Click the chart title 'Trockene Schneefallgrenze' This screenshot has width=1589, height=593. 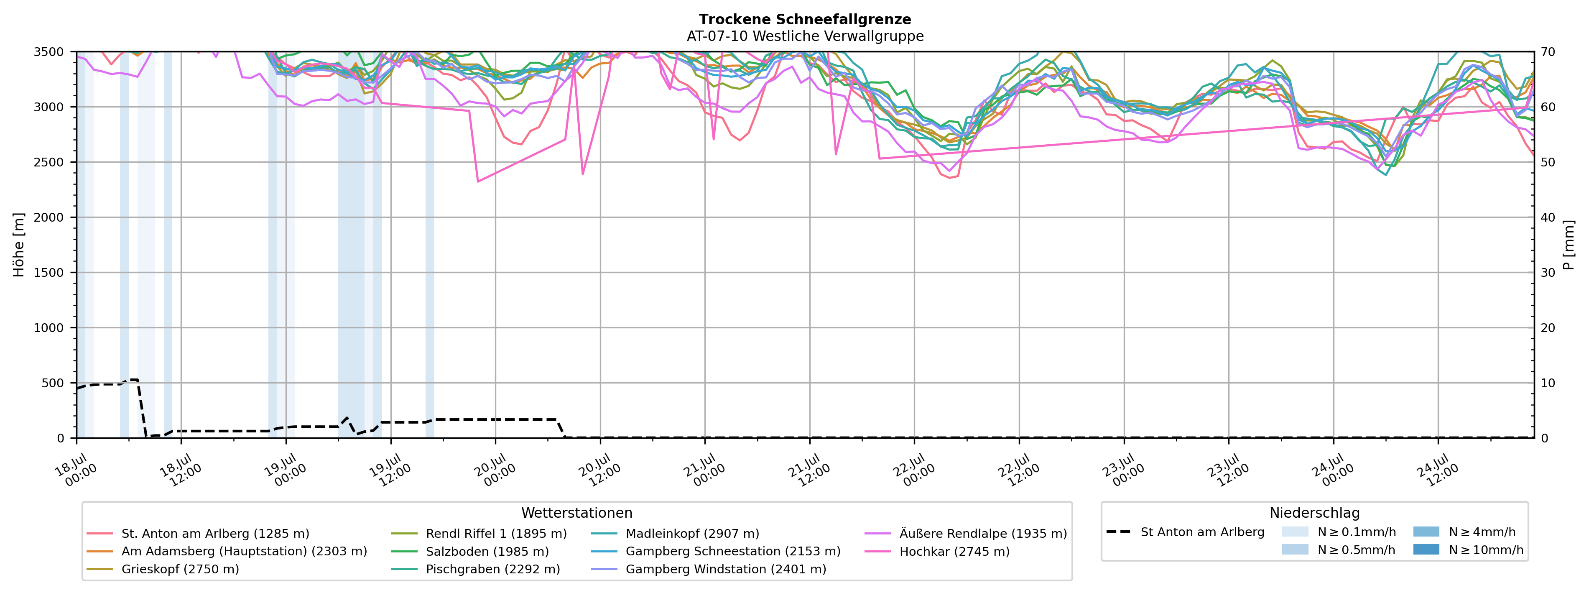tap(805, 19)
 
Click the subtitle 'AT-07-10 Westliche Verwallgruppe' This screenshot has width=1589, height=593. tap(805, 36)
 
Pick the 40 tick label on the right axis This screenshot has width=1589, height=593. tap(1548, 217)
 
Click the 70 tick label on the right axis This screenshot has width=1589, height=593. tap(1548, 52)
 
